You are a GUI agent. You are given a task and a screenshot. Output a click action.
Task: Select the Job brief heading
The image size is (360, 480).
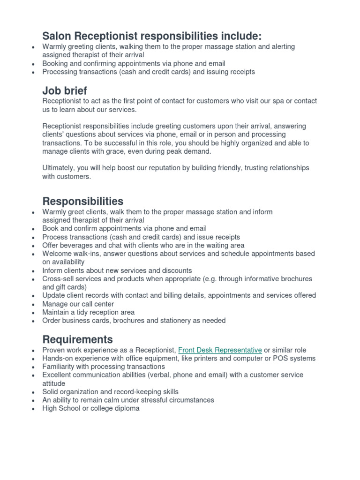(x=65, y=90)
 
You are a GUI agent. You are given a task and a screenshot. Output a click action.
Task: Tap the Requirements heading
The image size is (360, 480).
(x=77, y=339)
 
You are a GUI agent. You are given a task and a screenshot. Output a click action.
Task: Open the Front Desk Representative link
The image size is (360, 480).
(x=220, y=350)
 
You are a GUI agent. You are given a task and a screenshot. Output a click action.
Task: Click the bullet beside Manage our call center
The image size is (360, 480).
(x=32, y=305)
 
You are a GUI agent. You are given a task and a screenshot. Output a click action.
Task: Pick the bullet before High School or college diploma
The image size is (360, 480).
(x=32, y=409)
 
